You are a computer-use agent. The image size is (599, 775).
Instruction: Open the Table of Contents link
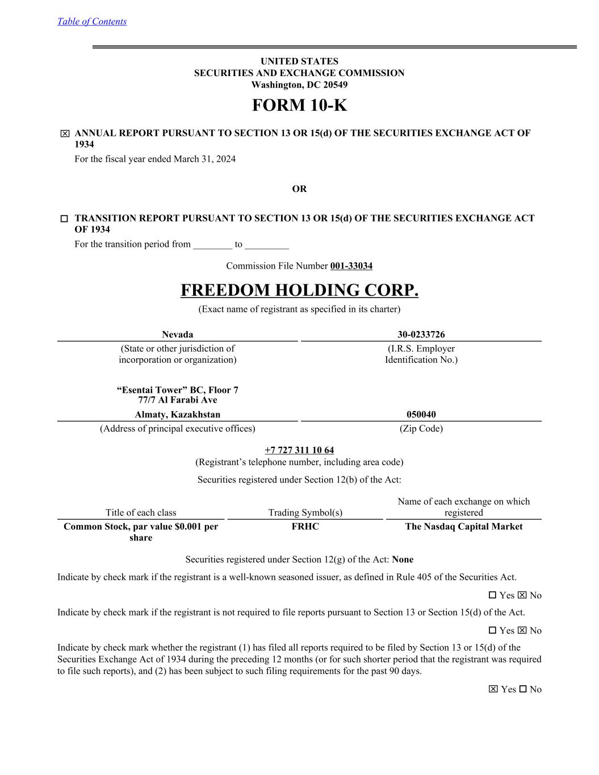coord(92,22)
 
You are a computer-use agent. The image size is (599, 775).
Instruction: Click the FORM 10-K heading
coord(299,106)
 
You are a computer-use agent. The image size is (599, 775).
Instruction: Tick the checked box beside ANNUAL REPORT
coord(65,134)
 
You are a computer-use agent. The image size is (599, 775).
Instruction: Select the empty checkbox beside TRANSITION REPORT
coord(64,219)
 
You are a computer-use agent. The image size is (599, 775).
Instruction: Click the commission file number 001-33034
coord(351,266)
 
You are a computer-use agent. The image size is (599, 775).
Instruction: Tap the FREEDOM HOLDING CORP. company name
coord(299,290)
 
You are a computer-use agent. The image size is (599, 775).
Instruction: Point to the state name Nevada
coord(177,334)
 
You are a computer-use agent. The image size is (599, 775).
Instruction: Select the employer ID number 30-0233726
coord(421,334)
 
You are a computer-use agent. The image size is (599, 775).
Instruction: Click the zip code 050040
coord(421,414)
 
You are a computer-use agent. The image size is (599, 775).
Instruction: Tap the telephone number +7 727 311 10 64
coord(299,451)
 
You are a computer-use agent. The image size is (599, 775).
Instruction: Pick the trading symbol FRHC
coord(305,526)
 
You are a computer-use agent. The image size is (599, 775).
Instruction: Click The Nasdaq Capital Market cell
coord(463,526)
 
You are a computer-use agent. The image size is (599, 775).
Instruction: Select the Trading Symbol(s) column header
coord(305,513)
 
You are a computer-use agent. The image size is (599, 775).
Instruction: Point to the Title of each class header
coord(141,513)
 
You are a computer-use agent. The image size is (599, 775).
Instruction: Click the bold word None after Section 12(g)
coord(403,559)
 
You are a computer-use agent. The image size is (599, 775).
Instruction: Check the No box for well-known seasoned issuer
coord(522,596)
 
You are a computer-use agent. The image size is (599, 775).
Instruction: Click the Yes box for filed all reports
coord(493,689)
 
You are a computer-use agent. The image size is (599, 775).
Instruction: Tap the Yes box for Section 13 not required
coord(492,631)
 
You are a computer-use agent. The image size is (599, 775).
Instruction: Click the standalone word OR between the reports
coord(299,189)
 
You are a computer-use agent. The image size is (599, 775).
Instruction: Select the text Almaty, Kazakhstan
coord(177,414)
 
